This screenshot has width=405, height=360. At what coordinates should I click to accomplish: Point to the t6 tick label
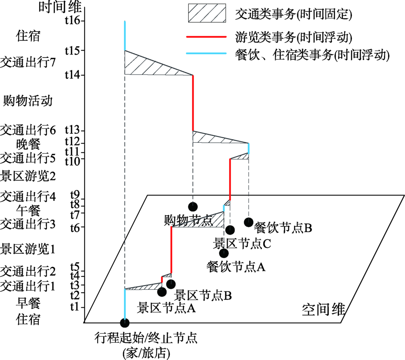(74, 227)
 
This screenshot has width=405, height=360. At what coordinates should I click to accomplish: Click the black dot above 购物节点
(193, 206)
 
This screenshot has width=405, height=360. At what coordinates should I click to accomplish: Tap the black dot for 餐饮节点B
(249, 222)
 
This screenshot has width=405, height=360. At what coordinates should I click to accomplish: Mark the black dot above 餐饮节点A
(224, 253)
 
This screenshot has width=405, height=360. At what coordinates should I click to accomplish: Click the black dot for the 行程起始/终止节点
(125, 323)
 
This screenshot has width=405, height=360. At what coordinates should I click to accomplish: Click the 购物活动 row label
(28, 100)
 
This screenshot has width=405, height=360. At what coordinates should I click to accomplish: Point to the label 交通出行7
(28, 63)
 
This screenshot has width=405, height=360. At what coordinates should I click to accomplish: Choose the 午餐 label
(28, 210)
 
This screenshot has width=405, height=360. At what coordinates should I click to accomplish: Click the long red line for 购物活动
(193, 103)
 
